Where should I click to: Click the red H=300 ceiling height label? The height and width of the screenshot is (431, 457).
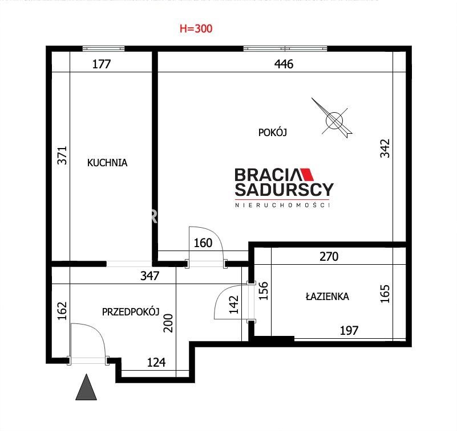click(x=196, y=28)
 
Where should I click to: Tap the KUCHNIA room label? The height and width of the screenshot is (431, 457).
click(x=107, y=163)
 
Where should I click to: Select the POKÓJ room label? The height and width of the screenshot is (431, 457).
click(x=273, y=132)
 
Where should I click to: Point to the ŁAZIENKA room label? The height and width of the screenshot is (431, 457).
click(x=327, y=297)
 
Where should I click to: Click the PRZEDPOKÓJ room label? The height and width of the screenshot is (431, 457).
click(x=131, y=312)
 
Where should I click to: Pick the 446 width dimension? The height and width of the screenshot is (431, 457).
click(x=284, y=64)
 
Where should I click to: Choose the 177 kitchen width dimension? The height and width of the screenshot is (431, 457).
click(x=102, y=64)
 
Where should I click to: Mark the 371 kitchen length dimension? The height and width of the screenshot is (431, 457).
click(x=62, y=155)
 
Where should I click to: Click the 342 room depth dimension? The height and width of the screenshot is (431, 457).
click(x=385, y=149)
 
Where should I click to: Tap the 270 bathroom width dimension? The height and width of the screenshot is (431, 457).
click(x=329, y=257)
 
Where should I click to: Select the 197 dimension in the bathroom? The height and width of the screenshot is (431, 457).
click(x=349, y=330)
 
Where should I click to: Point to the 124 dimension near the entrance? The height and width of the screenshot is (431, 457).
click(x=156, y=362)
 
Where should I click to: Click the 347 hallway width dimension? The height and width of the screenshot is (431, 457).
click(x=150, y=276)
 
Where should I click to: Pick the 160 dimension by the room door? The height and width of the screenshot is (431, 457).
click(x=203, y=243)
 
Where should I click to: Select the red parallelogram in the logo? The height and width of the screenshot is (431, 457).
click(x=307, y=174)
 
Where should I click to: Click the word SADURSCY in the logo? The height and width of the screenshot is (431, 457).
click(x=284, y=190)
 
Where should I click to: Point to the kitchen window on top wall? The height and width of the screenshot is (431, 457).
click(x=103, y=48)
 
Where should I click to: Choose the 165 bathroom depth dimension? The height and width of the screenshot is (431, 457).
click(x=385, y=294)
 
